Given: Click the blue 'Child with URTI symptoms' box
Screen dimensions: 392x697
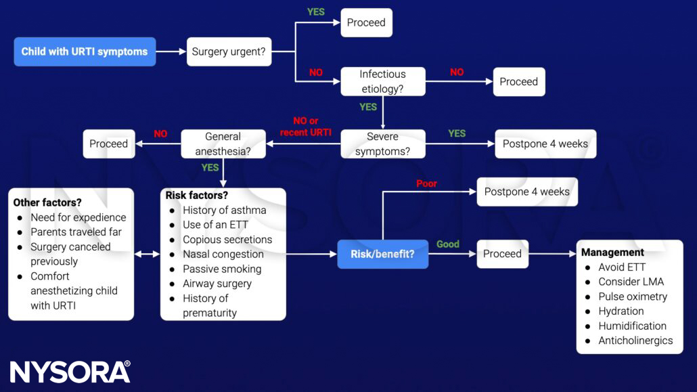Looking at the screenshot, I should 85,51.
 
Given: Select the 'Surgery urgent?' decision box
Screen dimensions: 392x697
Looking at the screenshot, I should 229,51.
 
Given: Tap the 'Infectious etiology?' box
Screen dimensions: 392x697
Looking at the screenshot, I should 382,81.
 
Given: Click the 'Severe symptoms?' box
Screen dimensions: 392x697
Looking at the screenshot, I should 382,144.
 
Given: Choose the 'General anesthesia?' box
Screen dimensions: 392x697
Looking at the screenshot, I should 223,144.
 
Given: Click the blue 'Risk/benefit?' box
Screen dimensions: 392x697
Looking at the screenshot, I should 382,254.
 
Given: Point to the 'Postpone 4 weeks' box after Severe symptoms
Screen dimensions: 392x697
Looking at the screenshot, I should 545,144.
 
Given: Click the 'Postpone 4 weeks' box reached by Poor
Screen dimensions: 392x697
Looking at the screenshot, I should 526,192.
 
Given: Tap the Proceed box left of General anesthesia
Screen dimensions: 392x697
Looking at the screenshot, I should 108,144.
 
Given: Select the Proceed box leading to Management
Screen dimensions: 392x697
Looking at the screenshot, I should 502,254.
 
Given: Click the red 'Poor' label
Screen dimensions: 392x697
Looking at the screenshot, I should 426,183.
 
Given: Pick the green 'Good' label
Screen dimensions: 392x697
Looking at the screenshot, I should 447,244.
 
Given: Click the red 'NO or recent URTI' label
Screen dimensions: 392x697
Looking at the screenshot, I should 305,127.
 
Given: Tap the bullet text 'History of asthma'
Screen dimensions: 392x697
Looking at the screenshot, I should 224,210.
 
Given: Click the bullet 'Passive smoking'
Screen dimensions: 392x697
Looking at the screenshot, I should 221,269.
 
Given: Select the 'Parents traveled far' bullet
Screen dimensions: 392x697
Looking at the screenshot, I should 76,232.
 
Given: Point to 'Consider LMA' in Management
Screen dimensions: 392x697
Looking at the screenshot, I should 631,282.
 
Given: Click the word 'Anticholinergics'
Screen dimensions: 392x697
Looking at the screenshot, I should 635,341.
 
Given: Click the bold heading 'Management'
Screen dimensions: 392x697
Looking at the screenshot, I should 612,253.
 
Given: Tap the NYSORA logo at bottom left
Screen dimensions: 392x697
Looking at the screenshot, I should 70,372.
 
